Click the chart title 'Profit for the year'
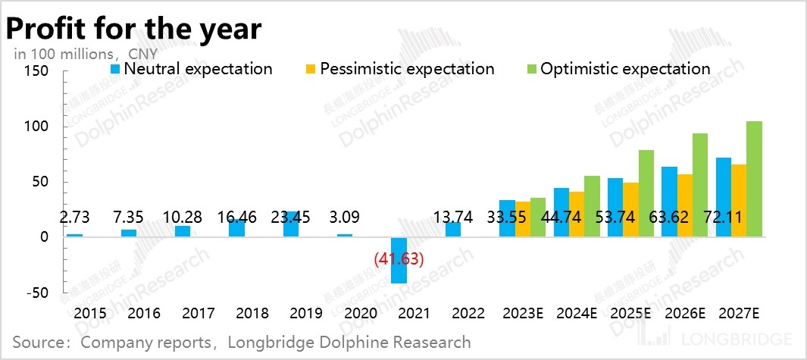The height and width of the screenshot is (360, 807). tap(134, 29)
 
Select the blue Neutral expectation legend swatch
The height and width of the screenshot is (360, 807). tap(115, 69)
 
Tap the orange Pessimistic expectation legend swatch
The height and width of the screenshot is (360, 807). tap(311, 69)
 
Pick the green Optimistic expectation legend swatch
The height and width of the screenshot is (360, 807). tap(532, 69)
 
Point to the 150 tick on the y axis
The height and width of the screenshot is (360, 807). tap(36, 71)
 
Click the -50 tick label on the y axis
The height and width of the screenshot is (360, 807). tap(38, 293)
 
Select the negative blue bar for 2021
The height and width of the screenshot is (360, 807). tap(399, 260)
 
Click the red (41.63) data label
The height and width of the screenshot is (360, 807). tap(399, 258)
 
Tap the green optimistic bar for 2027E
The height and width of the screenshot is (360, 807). tap(754, 179)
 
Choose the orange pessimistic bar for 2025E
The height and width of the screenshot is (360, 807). tap(631, 209)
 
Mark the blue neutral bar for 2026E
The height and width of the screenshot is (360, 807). tap(669, 202)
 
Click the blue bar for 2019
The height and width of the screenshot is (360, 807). tap(291, 224)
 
